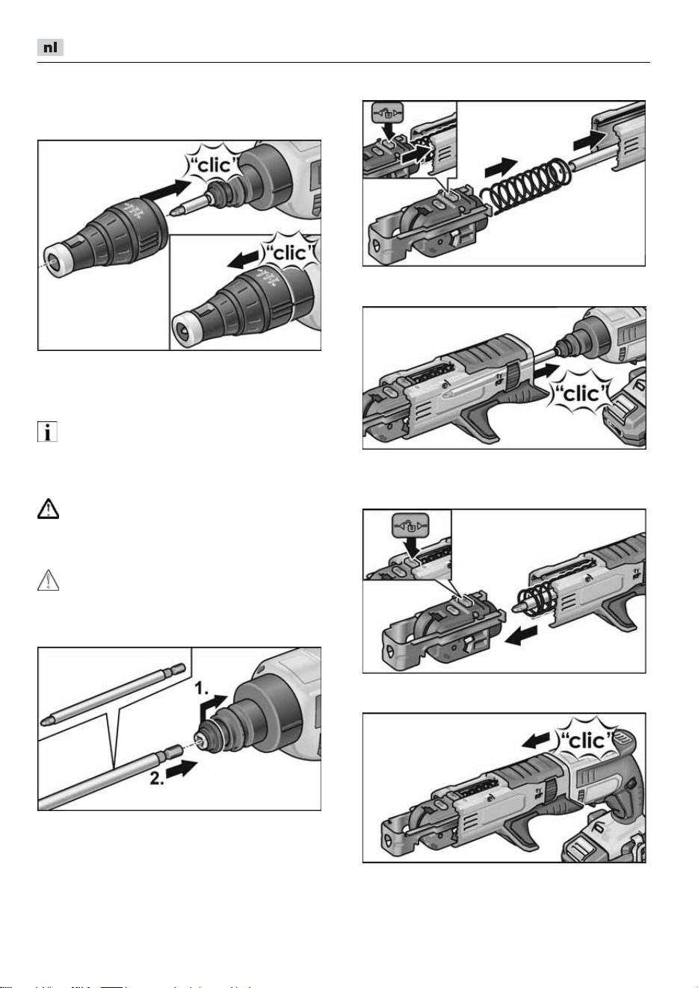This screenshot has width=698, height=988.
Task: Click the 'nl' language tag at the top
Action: point(50,47)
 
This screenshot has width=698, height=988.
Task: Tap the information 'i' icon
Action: point(47,432)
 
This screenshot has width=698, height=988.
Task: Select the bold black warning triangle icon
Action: point(48,509)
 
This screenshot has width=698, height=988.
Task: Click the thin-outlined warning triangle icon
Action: point(48,580)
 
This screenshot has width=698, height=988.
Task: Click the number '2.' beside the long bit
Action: point(157,778)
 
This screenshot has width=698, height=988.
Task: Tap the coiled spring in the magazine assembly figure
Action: point(525,187)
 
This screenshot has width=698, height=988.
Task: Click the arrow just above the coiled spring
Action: point(501,167)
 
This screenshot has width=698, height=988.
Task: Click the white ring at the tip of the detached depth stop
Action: point(56,262)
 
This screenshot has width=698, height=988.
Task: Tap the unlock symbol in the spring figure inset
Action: point(387,114)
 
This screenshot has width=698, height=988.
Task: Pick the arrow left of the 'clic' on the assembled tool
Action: point(537,741)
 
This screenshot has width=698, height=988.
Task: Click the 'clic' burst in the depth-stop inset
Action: point(289,252)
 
